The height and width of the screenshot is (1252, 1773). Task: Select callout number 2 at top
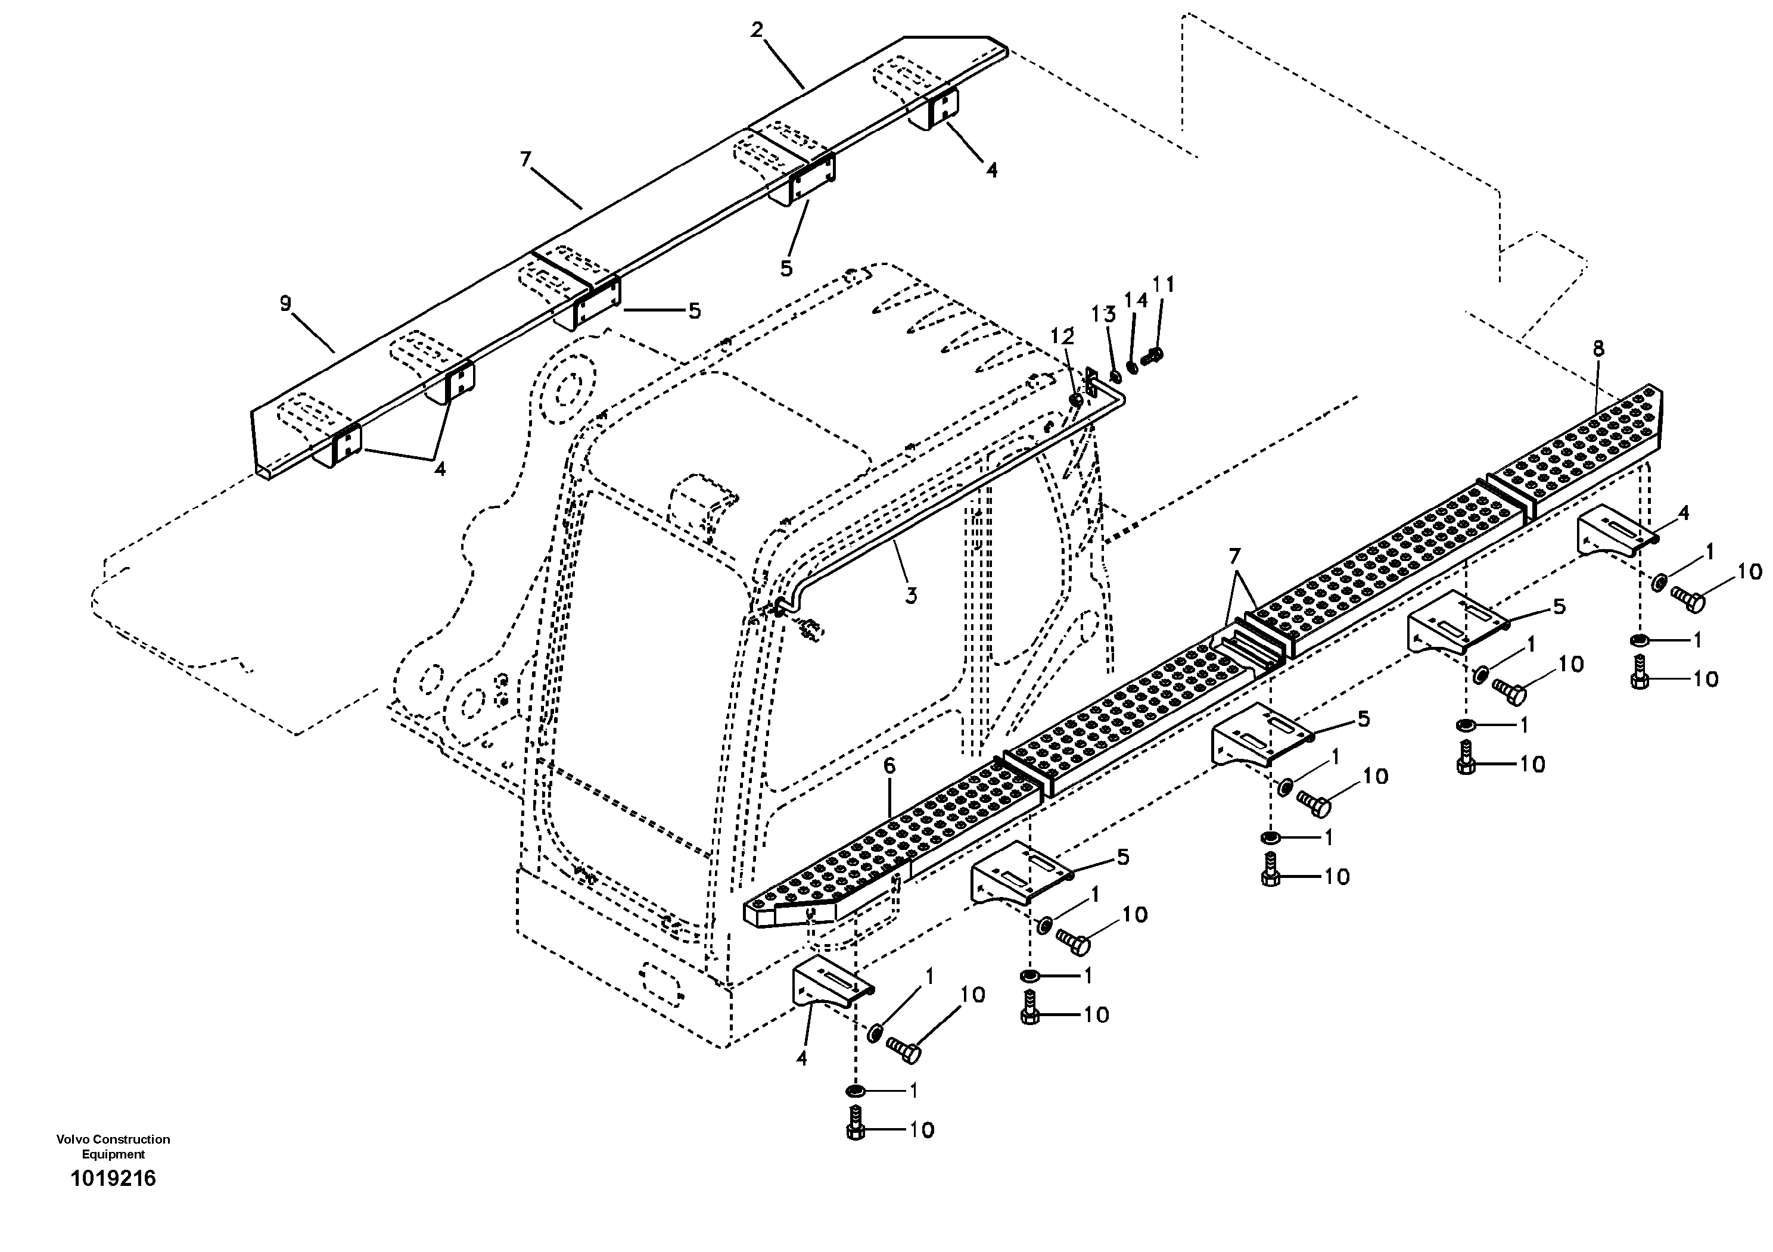point(757,30)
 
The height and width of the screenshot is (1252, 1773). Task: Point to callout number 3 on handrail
point(911,595)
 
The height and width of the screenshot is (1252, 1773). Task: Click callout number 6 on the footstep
point(889,766)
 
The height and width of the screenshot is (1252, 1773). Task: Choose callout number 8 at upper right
point(1598,349)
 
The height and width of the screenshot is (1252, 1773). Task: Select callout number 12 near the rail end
point(1063,337)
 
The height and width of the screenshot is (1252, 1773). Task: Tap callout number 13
point(1103,314)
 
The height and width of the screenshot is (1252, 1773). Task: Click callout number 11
point(1163,285)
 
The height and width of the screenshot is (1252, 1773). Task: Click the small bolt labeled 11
point(1152,356)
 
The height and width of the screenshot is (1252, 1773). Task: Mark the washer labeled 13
point(1116,376)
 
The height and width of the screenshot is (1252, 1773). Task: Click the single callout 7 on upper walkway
point(526,159)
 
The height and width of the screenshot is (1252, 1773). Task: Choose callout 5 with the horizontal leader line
point(694,311)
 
